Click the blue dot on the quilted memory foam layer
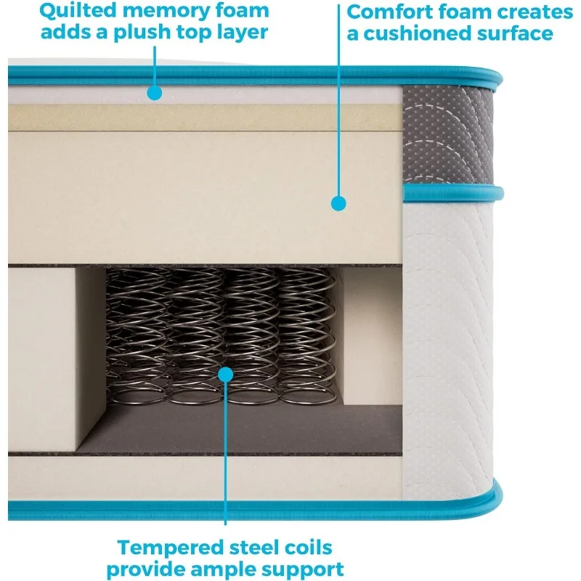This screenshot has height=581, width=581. click(153, 92)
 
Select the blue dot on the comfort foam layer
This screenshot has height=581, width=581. click(338, 203)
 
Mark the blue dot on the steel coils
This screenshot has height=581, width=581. click(225, 375)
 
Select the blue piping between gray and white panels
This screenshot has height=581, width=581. click(450, 193)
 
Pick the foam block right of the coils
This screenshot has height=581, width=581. click(367, 334)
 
